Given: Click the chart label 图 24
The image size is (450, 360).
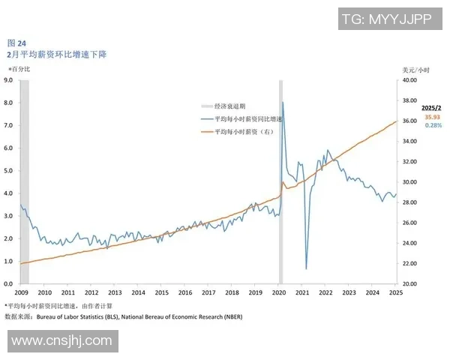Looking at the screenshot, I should coord(16,43).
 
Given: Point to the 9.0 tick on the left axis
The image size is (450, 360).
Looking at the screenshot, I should coord(9,79).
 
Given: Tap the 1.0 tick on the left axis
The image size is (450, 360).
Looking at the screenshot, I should coord(9,261).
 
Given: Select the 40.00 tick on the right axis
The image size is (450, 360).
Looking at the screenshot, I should coord(410,79).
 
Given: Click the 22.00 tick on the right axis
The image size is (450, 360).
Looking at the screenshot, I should coord(410,264).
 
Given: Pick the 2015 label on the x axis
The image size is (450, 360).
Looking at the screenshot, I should coord(161,292).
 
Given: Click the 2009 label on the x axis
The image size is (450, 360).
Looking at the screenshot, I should coord(21,292).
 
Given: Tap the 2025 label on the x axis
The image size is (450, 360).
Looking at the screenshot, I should coord(396,292).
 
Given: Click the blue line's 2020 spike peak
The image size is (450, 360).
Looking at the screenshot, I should coord(283,103).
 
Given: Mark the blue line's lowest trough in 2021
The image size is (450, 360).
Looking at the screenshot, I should coord(307,268).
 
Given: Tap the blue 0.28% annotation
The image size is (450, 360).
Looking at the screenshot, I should coord(433,125).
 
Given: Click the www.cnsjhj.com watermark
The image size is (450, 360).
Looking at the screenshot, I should coord(62,341).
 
